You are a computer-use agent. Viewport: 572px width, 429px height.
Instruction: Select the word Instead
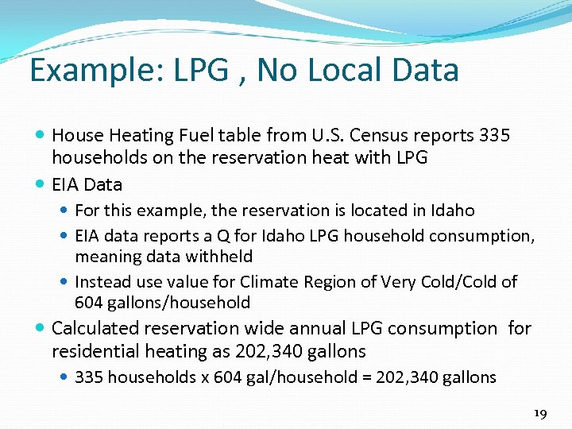(x=102, y=282)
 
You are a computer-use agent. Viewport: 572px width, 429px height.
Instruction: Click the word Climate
(x=270, y=282)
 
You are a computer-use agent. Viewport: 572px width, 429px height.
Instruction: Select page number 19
(x=541, y=414)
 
